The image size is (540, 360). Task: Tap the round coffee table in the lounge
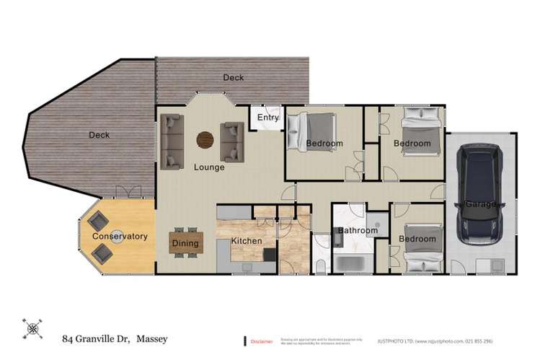coord(205,139)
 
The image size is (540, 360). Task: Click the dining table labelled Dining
coord(186,243)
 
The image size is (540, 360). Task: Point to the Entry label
coord(267,118)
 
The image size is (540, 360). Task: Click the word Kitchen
coord(247,241)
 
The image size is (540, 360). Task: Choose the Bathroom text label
coord(358,231)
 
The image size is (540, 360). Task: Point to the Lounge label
coord(209,167)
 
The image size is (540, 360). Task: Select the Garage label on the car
coord(480,204)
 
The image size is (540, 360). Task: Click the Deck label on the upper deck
coord(234,77)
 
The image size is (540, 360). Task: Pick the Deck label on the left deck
coord(99,135)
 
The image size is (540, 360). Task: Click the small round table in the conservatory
coord(114,236)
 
